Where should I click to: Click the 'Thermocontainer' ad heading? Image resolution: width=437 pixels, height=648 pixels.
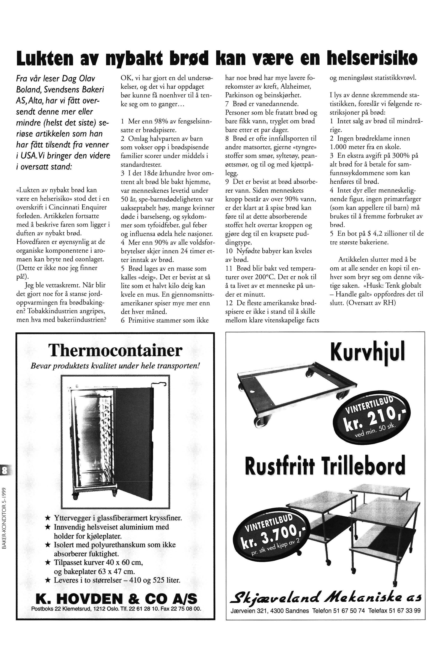[x=115, y=350]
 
